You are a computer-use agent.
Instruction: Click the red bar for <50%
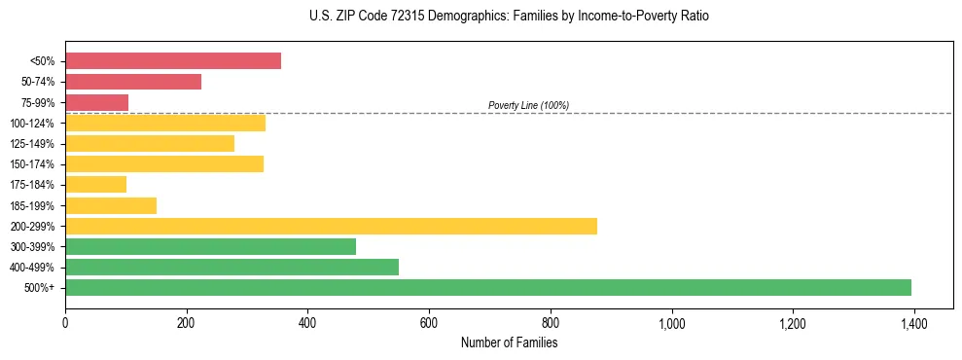coord(173,61)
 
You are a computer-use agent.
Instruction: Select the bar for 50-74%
coord(133,82)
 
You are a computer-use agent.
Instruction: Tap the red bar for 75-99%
coord(96,102)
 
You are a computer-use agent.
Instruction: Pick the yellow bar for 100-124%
coord(165,123)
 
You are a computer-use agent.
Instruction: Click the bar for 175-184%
coord(95,185)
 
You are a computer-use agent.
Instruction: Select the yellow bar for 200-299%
coord(331,226)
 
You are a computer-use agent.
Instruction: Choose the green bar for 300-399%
coord(210,246)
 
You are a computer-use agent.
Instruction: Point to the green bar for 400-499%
coord(232,267)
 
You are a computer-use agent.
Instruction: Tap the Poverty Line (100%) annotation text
coord(528,105)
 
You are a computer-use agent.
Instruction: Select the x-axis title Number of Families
coord(509,342)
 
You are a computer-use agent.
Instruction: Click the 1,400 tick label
coord(914,323)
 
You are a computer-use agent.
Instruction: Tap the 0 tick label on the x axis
coord(65,323)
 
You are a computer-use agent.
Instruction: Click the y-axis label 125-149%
coord(32,144)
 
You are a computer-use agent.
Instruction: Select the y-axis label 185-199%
coord(32,206)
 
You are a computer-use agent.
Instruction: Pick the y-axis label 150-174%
coord(32,164)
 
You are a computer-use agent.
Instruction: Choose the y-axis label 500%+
coord(39,288)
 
